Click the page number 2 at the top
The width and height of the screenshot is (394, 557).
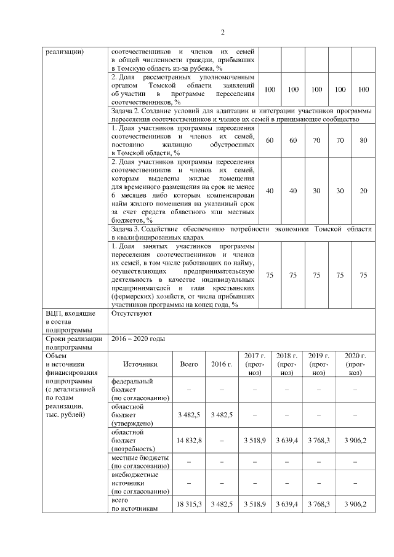223,33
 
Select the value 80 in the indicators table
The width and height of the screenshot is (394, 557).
364,140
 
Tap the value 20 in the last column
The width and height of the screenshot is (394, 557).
364,191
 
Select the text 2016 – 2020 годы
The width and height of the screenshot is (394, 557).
138,339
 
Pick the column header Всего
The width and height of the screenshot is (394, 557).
189,364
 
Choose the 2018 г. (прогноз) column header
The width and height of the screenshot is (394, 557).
286,364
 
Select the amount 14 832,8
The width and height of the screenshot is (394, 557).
189,441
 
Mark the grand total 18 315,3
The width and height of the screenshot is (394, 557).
189,504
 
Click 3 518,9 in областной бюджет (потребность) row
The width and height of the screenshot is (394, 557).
254,441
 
